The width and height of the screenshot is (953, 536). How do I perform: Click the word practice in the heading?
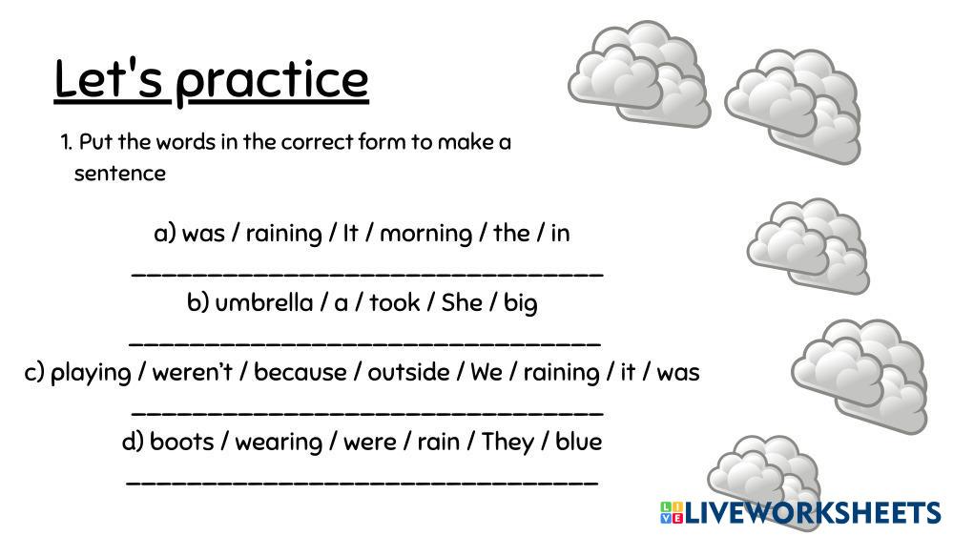pos(272,82)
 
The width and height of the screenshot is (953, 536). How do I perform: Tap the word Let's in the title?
pos(109,78)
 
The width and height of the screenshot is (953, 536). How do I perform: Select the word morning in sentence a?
pos(425,234)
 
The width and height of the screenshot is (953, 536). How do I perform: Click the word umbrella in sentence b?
pos(264,302)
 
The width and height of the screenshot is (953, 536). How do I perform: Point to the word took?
pos(394,302)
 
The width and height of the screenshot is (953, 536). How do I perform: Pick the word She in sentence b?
pos(462,302)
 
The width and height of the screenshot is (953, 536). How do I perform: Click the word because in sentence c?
pos(300,372)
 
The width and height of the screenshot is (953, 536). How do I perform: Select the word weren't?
pos(192,372)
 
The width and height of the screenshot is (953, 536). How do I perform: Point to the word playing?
pos(91,373)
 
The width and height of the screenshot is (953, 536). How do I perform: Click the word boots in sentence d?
pos(181,442)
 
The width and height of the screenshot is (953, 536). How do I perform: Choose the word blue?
pos(579,442)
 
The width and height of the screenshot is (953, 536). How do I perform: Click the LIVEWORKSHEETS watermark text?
pos(813,513)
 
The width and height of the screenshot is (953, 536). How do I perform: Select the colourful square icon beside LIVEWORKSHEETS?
pos(672,513)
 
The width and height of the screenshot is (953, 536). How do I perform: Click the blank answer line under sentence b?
pos(365,344)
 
